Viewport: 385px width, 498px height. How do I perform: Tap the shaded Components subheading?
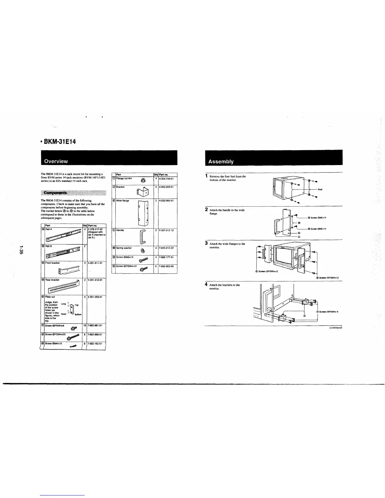55,192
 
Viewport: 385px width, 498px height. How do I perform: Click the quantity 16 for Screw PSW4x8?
84,325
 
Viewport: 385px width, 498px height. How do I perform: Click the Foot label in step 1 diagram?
320,190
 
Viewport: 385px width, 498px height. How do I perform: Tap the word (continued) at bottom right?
335,327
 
